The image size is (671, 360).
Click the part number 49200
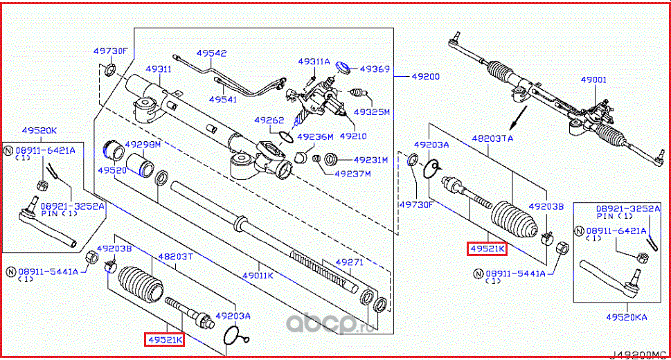point(425,77)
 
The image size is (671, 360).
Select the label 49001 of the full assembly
point(593,80)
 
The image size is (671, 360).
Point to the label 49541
point(223,100)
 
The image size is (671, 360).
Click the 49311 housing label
point(158,69)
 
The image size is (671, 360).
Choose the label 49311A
point(314,61)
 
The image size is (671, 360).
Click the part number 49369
point(377,69)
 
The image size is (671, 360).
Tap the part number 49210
point(353,136)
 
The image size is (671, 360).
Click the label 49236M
point(315,136)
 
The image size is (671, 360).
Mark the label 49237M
point(352,173)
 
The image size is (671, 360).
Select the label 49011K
point(258,275)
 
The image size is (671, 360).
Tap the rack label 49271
point(349,263)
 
